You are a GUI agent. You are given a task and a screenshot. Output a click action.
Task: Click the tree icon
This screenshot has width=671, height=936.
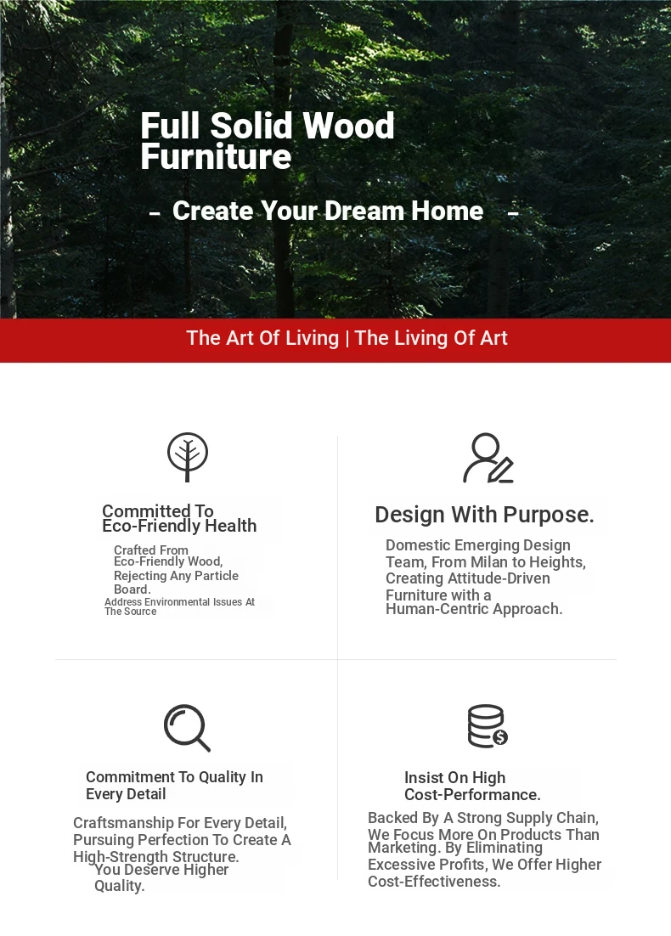pos(188,457)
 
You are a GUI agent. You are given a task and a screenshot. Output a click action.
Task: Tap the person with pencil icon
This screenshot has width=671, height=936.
pos(488,458)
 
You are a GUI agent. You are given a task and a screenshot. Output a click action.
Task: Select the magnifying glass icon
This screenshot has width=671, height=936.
pos(187,728)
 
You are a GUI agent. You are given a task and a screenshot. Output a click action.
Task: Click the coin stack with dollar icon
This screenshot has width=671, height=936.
pos(488,726)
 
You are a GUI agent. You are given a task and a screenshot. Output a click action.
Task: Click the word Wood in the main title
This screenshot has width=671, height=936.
pos(348,126)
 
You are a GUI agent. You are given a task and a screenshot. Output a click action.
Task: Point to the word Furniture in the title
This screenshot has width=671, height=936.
pos(216,156)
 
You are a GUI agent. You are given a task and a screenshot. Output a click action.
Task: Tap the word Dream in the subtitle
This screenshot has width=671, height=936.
pos(364,211)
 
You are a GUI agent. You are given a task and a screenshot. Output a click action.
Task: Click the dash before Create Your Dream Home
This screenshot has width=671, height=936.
pos(155,212)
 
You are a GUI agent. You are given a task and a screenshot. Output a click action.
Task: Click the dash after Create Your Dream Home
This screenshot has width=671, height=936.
pos(513,212)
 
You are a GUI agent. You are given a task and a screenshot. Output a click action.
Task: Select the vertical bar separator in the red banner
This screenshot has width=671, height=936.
pos(347,338)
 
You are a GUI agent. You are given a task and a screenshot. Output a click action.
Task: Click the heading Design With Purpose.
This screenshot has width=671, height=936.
pos(484,515)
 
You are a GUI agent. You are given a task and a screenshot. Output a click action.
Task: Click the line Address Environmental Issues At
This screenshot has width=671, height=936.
pos(180,601)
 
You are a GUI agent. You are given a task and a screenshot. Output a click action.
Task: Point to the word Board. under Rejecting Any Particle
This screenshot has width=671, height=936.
pos(133,589)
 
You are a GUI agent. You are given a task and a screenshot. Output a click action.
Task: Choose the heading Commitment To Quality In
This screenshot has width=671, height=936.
pos(174,777)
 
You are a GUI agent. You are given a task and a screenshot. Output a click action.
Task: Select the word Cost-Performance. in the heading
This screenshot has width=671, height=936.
pos(472,795)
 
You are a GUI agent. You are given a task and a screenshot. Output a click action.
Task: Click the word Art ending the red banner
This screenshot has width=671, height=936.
pos(494,338)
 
